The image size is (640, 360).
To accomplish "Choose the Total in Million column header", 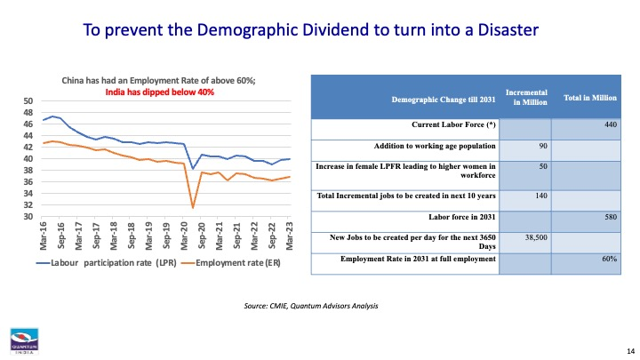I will coord(590,98).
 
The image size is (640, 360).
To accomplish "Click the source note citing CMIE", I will coord(310,306).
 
